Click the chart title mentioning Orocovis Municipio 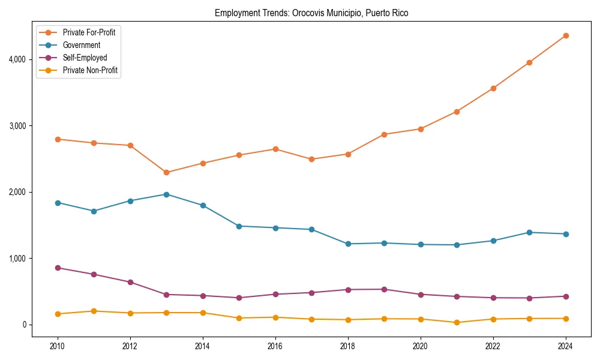click(x=311, y=13)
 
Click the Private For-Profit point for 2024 click(x=566, y=36)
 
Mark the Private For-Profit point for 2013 click(x=166, y=173)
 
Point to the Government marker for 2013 click(x=166, y=194)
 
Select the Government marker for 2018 click(x=348, y=244)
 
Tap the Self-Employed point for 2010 click(x=58, y=268)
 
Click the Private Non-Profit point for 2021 click(x=457, y=322)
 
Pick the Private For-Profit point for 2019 click(x=384, y=134)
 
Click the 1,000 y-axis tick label click(x=16, y=259)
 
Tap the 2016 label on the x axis click(x=275, y=346)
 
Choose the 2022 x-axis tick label click(x=493, y=346)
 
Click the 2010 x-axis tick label click(x=58, y=346)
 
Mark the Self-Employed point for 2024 click(x=566, y=296)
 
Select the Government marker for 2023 click(x=529, y=232)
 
